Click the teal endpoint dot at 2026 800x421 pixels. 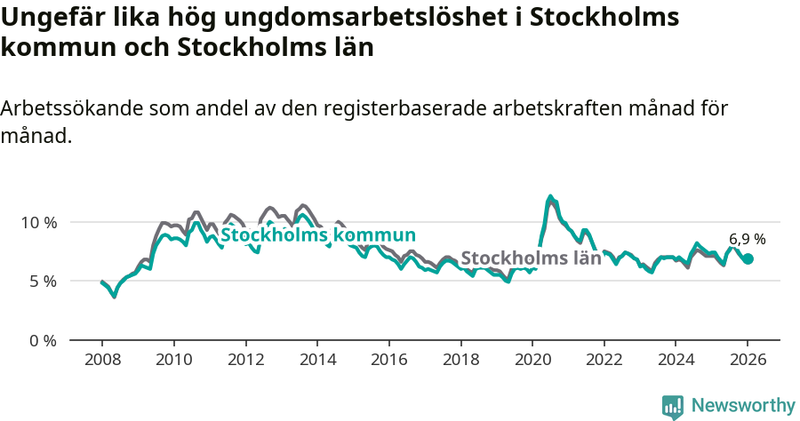[x=748, y=258]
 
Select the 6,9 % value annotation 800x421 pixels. [x=747, y=239]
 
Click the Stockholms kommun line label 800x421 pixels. [x=318, y=235]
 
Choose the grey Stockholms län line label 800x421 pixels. [x=531, y=258]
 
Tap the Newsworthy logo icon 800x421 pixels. [x=673, y=407]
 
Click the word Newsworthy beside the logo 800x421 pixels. [x=742, y=406]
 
